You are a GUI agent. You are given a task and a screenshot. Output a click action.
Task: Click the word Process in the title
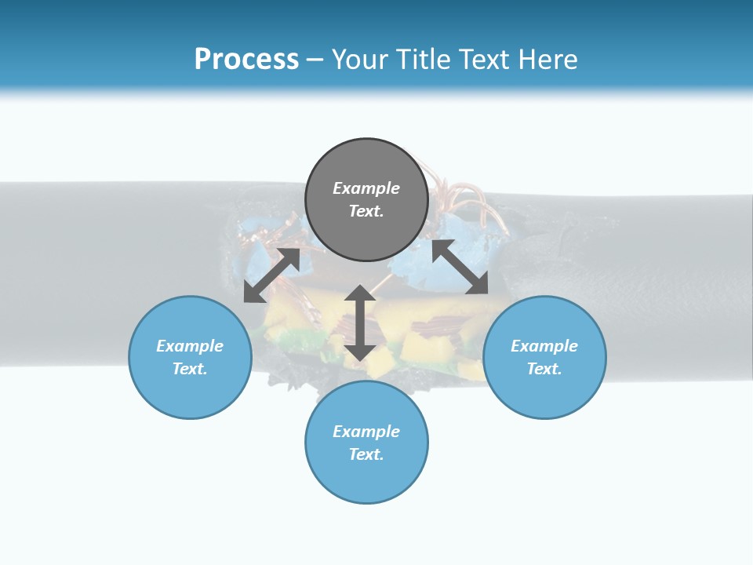coord(246,59)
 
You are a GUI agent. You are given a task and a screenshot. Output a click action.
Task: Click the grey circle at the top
coord(366,200)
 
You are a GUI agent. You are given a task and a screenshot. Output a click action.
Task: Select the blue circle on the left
coord(190,357)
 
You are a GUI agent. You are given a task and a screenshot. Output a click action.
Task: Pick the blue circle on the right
coord(544,357)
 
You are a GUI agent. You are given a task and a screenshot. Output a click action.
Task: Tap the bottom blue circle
coord(366,442)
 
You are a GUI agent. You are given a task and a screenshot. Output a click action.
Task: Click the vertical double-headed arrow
coord(360,323)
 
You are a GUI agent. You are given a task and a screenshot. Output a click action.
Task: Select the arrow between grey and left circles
coord(271,275)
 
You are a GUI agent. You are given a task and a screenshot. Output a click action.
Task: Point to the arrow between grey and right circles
coord(460,267)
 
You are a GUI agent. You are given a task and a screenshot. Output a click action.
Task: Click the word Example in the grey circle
coord(366,188)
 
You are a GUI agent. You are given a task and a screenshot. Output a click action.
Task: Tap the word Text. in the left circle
coord(190,369)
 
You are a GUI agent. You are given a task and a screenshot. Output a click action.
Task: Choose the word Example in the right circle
coord(544,346)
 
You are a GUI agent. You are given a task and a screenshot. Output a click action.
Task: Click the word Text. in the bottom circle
coord(366,454)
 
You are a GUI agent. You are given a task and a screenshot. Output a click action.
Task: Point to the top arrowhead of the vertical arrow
coord(360,293)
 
